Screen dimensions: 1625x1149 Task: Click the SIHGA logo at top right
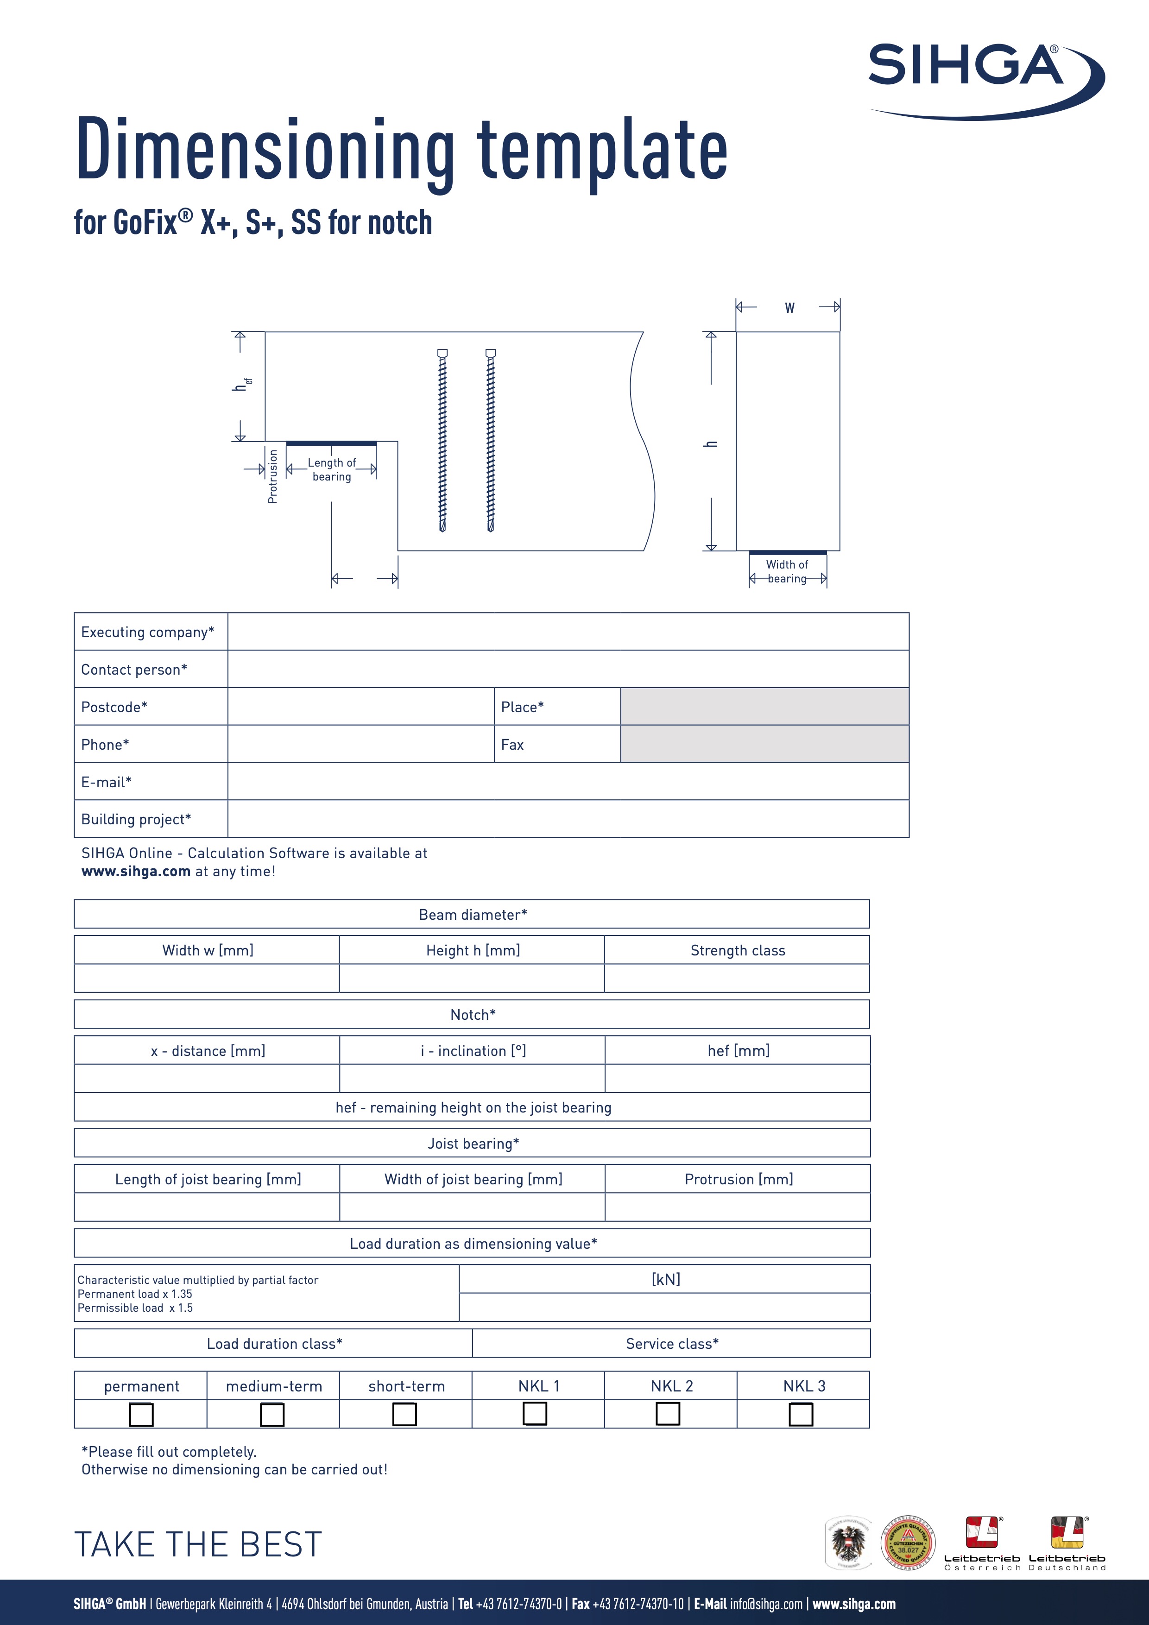[984, 78]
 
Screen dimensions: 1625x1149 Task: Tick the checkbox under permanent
[141, 1415]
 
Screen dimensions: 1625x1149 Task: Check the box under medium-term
[272, 1415]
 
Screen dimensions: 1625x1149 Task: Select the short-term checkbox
[404, 1414]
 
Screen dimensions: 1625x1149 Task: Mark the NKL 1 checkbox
[535, 1413]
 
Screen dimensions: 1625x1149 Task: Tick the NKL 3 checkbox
[801, 1415]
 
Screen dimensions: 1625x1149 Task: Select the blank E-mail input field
[568, 781]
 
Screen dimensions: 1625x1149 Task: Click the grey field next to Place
[764, 706]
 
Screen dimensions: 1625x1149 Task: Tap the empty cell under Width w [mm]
[207, 978]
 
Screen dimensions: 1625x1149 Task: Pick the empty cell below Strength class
[737, 978]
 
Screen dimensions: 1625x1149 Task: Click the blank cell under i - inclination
[472, 1078]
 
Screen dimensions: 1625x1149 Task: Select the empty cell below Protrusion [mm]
[737, 1207]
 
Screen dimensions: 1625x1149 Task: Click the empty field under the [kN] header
[664, 1307]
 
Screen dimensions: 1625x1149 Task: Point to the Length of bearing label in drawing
[332, 469]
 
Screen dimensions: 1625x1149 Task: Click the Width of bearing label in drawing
[787, 571]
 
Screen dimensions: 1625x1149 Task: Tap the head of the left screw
[442, 353]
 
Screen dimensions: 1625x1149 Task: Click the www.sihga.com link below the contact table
[136, 871]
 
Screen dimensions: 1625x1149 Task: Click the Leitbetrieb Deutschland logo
[1067, 1543]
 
